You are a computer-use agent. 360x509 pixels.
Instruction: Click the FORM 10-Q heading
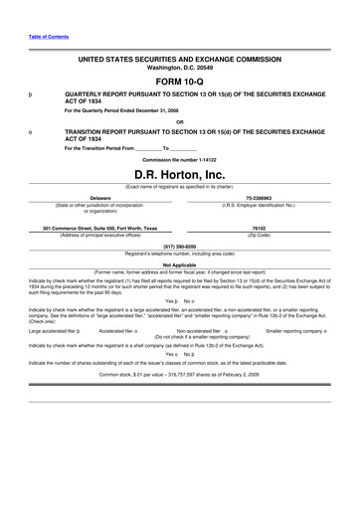pos(180,83)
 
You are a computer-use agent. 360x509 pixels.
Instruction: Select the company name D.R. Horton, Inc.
pos(179,175)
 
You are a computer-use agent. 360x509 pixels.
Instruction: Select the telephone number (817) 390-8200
pos(179,245)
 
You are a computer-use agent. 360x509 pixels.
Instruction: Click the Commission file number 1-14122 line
pos(179,159)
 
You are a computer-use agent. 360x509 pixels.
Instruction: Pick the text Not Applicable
pos(179,264)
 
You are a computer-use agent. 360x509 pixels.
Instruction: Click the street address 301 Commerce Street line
pos(99,228)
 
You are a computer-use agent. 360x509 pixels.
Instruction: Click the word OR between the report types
pos(179,121)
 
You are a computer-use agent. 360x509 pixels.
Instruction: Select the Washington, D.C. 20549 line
pos(179,68)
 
